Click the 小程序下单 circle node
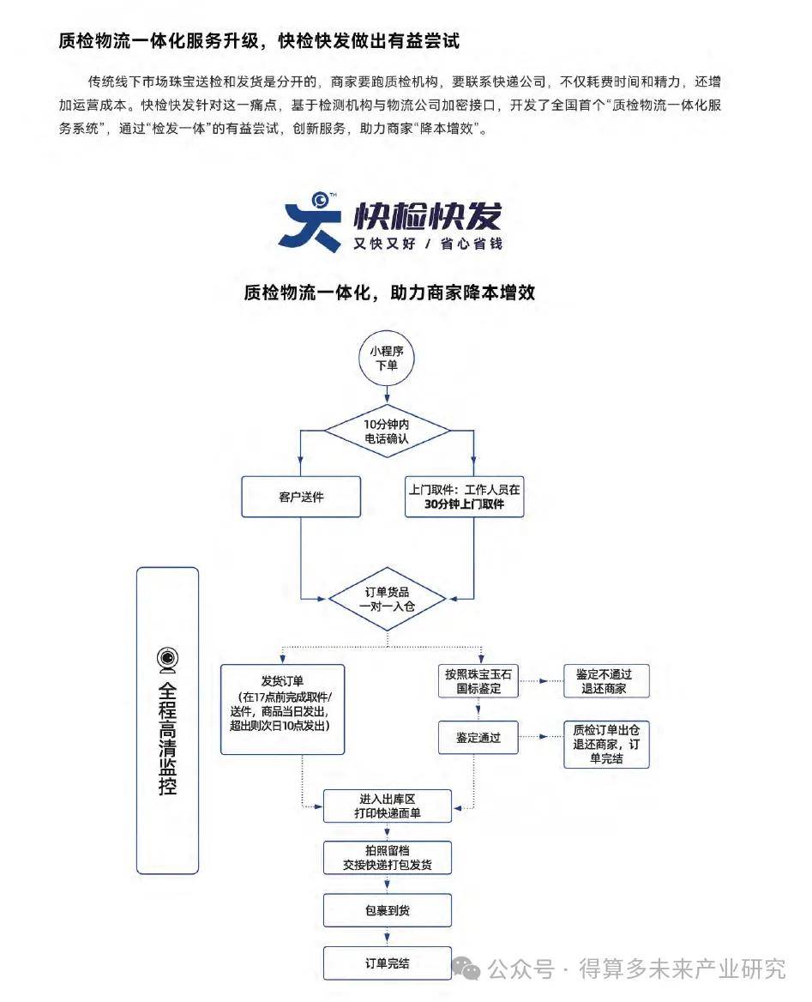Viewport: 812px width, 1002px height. coord(387,358)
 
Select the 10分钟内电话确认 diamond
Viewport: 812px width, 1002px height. coord(387,431)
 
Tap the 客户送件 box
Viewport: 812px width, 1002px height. coord(301,497)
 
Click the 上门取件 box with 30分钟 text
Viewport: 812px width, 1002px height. coord(464,497)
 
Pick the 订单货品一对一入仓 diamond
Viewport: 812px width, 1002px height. coord(387,598)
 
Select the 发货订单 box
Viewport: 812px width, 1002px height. coord(283,709)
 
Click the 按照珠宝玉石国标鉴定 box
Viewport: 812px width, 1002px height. coord(478,681)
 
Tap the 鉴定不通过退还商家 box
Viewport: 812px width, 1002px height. coord(606,681)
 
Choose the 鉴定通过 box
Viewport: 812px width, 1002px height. coord(478,737)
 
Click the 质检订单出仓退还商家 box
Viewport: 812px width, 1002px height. coord(606,743)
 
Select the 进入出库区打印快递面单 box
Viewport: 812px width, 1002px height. coord(387,806)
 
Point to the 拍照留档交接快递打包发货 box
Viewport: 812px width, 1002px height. coord(387,858)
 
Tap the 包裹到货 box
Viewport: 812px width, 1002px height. coord(387,910)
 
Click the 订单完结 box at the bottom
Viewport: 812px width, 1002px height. coord(387,963)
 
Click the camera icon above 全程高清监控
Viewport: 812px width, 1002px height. coord(167,658)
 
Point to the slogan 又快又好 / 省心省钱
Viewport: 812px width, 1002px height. coord(428,244)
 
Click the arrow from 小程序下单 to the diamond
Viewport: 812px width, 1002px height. coord(387,395)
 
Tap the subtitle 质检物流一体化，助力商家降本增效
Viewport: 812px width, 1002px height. coord(389,292)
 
